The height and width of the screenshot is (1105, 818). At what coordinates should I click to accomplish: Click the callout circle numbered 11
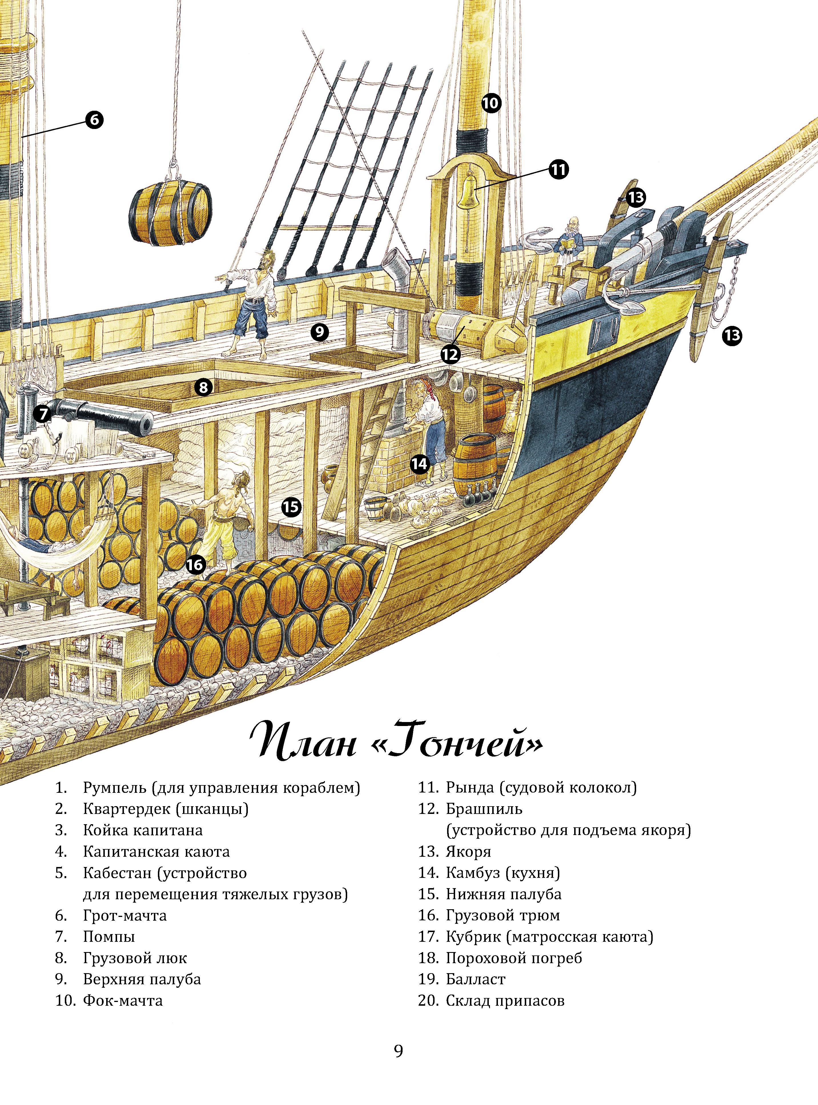pos(558,170)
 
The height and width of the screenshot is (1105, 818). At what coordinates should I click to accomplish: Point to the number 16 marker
pos(196,564)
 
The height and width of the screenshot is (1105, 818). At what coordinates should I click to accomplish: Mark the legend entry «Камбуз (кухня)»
pos(503,872)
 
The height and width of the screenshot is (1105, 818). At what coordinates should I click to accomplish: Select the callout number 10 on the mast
pos(491,103)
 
